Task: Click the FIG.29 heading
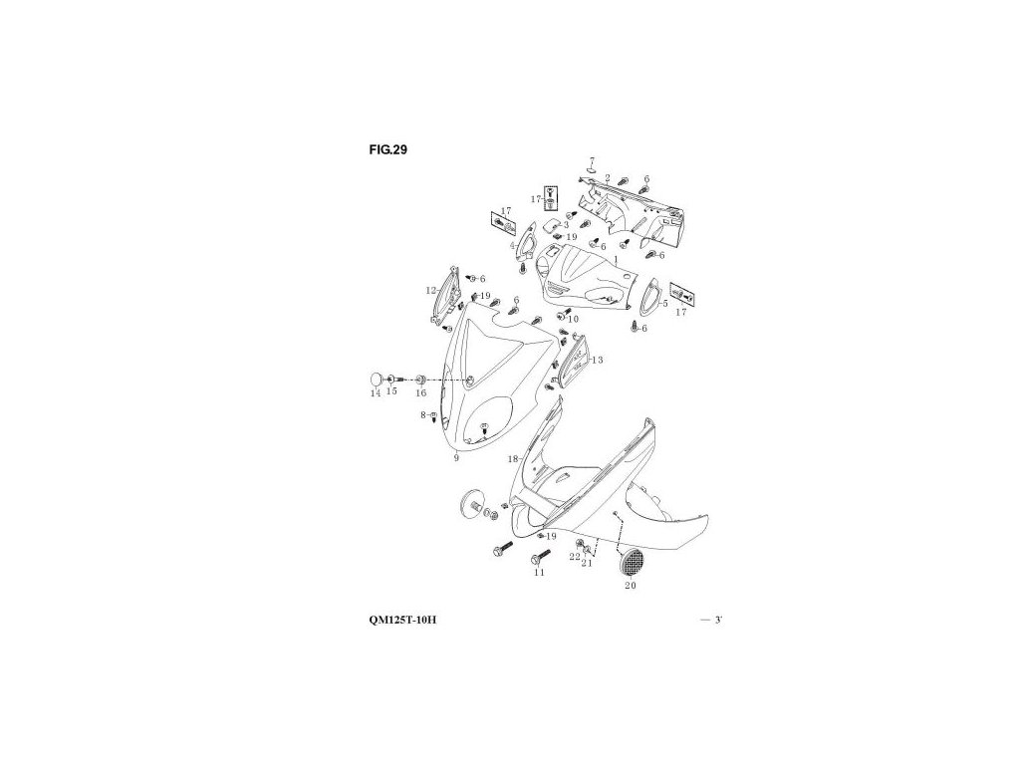[x=386, y=149]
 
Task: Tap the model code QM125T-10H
[x=402, y=620]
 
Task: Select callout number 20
[x=630, y=587]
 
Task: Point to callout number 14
[x=375, y=393]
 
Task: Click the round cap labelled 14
[x=378, y=379]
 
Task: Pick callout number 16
[x=420, y=393]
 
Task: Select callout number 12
[x=430, y=290]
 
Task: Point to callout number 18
[x=514, y=459]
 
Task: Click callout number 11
[x=539, y=573]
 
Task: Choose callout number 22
[x=575, y=557]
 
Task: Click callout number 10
[x=573, y=319]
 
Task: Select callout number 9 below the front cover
[x=455, y=458]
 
